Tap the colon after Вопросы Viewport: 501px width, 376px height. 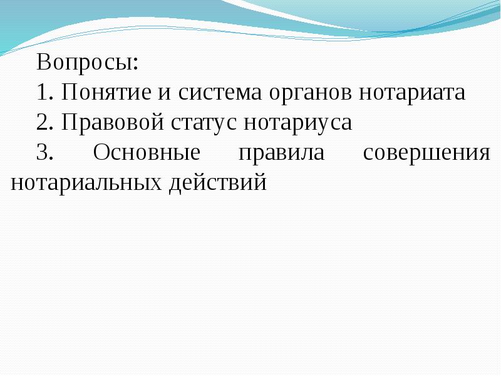point(137,64)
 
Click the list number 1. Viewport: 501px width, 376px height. point(44,91)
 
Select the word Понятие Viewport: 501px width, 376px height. point(106,91)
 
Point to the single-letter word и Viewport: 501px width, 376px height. point(164,94)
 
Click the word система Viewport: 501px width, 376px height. point(220,94)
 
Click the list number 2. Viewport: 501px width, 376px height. point(44,122)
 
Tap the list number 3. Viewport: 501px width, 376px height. point(44,152)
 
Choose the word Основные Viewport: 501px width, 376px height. point(147,152)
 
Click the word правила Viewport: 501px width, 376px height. point(281,154)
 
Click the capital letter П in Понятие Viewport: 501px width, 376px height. point(69,91)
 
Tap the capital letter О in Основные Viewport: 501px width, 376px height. point(101,152)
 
